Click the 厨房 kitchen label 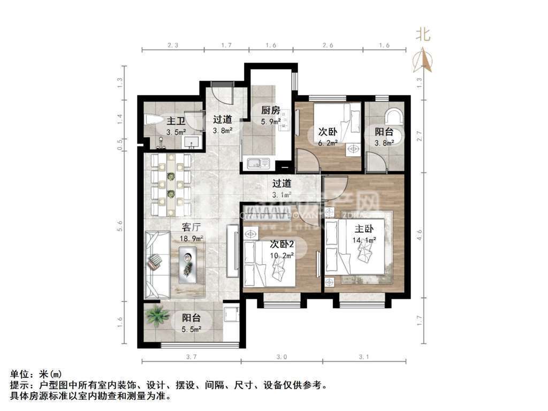[x=270, y=111]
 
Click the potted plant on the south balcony [x=156, y=316]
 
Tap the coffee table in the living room [x=188, y=261]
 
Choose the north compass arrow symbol [x=423, y=60]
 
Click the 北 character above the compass [x=423, y=35]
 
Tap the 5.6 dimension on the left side [x=120, y=226]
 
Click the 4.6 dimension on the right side [x=420, y=234]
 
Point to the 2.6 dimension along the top [x=328, y=46]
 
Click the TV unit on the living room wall [x=232, y=250]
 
